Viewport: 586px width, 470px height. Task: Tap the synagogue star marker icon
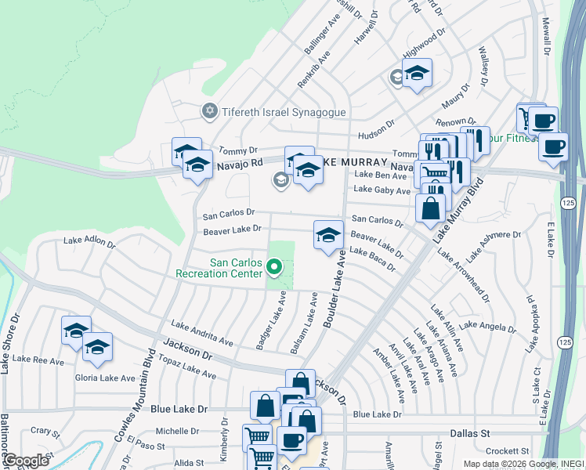pyautogui.click(x=209, y=111)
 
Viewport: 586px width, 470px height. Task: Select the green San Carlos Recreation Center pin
pyautogui.click(x=274, y=268)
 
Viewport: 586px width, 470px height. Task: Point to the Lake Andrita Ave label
pyautogui.click(x=202, y=334)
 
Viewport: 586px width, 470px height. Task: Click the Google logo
pyautogui.click(x=26, y=461)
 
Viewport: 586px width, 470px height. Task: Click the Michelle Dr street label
pyautogui.click(x=177, y=431)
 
